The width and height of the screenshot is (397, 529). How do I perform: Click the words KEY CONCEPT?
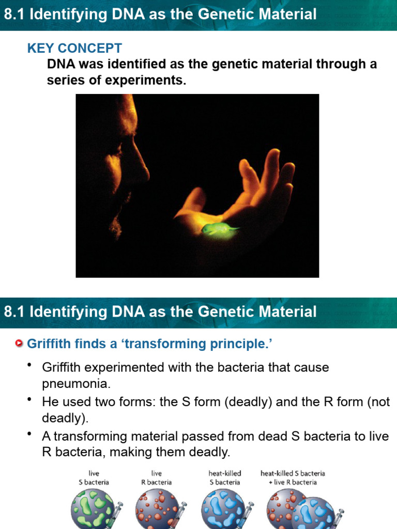(x=74, y=49)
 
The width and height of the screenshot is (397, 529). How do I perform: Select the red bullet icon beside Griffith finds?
(x=20, y=344)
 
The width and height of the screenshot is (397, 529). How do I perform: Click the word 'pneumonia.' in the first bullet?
(x=76, y=384)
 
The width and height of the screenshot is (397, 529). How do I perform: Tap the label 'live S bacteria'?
(x=94, y=477)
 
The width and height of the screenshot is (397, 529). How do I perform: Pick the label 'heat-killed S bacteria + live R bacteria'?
(x=293, y=477)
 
